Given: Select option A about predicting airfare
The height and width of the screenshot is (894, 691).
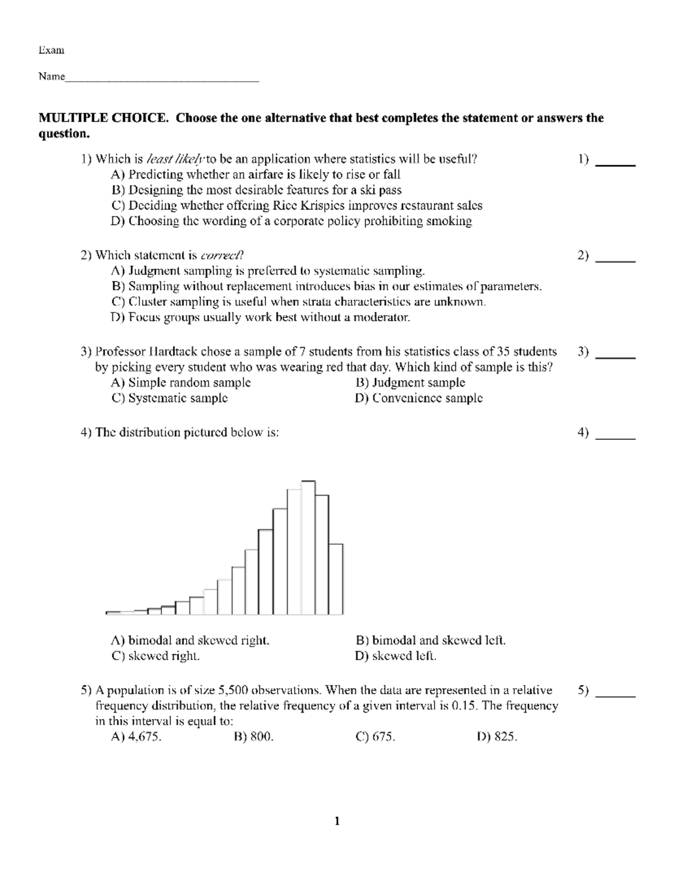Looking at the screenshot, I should point(256,174).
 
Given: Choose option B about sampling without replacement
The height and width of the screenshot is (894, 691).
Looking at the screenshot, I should point(326,286).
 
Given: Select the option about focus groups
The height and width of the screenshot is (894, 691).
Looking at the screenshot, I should point(260,317).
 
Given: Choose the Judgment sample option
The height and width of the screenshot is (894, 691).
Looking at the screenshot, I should point(410,383).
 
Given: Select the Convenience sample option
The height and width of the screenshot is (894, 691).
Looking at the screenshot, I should point(419,398).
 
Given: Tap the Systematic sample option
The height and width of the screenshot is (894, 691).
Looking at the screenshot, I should point(170,398).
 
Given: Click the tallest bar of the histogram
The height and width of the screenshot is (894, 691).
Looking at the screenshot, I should point(309,547).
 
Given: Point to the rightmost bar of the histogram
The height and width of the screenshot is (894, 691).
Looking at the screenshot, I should point(336,579).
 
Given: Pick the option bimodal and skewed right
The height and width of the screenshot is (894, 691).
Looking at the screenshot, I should point(190,641).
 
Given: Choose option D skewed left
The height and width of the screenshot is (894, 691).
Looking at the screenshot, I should point(396,656).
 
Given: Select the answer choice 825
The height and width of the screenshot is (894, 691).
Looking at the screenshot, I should point(498,737).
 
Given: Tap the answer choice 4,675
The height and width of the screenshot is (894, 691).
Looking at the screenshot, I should point(136,737).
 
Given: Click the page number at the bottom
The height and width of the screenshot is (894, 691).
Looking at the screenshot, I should point(337,821).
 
